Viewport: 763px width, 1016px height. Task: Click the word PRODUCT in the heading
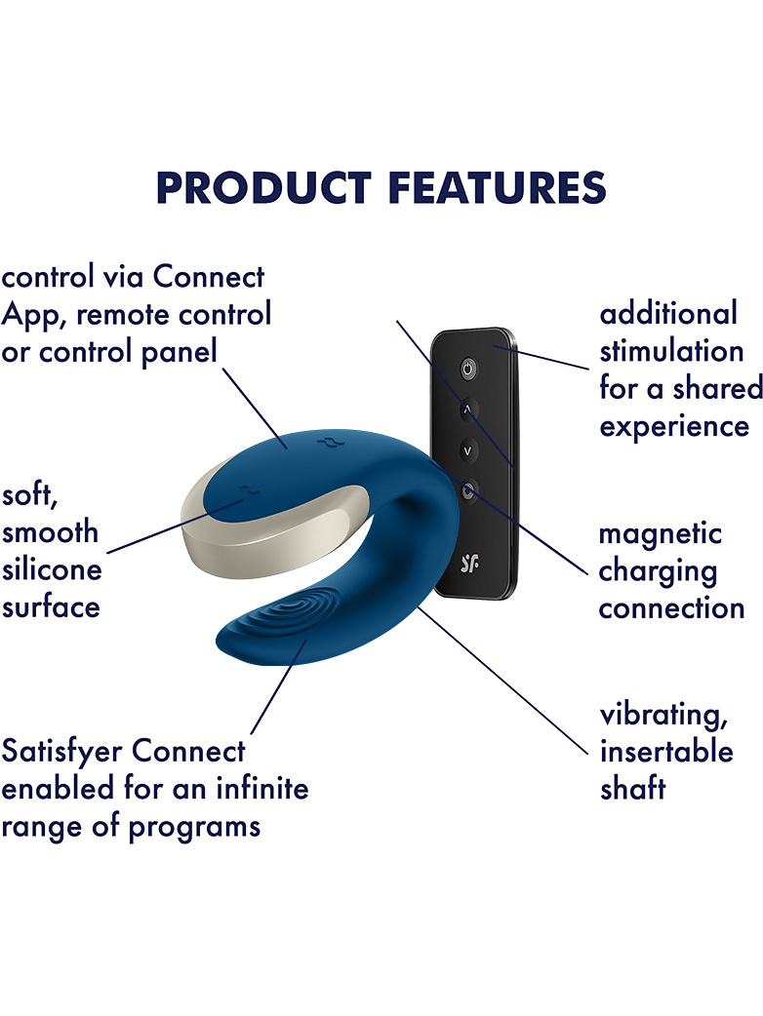263,188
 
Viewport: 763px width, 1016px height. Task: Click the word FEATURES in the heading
498,188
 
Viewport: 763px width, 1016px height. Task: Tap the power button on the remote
468,370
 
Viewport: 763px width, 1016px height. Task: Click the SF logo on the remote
469,564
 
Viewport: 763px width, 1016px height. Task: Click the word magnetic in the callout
660,534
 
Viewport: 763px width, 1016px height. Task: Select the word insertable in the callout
666,752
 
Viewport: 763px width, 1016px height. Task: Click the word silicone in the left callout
52,570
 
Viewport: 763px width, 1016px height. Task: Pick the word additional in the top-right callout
668,314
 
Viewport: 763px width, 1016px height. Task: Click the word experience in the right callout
673,428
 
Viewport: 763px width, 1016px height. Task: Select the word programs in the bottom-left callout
194,828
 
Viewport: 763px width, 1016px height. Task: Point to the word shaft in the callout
632,789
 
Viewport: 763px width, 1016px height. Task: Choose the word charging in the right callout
658,572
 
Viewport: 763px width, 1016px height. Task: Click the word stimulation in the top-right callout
671,351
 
